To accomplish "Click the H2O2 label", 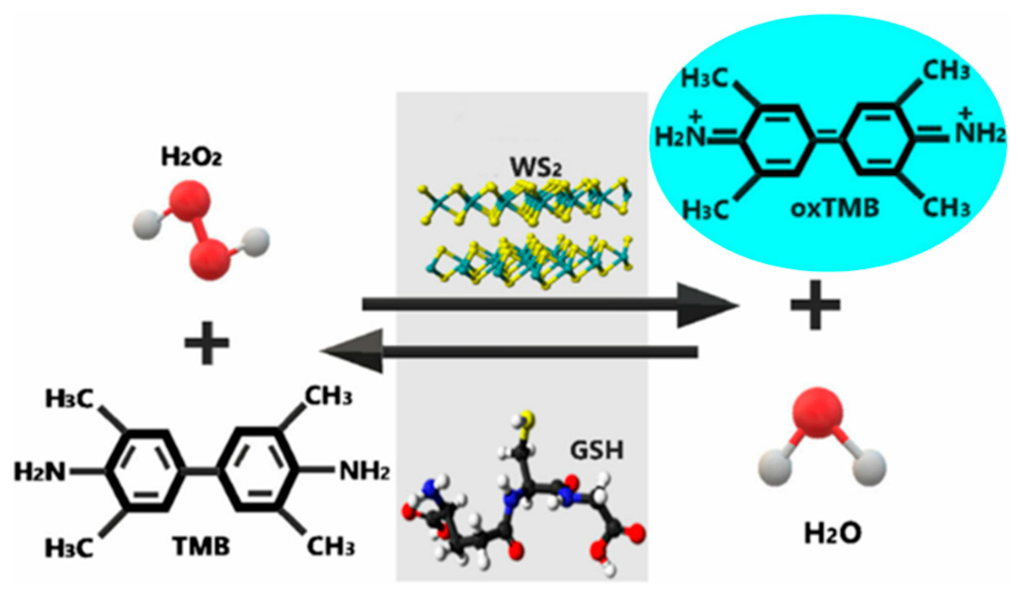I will [x=191, y=157].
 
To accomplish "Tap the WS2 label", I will [x=535, y=167].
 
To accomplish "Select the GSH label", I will [x=596, y=450].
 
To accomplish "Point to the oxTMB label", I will [x=835, y=208].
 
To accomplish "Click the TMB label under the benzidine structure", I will [x=201, y=547].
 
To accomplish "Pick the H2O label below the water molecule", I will [x=832, y=534].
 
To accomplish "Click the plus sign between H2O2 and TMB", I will [x=206, y=343].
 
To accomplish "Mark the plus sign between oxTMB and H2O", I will [x=815, y=305].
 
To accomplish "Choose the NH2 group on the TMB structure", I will [x=364, y=471].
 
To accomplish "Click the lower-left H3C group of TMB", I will [x=69, y=547].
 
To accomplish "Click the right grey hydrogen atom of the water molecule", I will [x=869, y=468].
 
